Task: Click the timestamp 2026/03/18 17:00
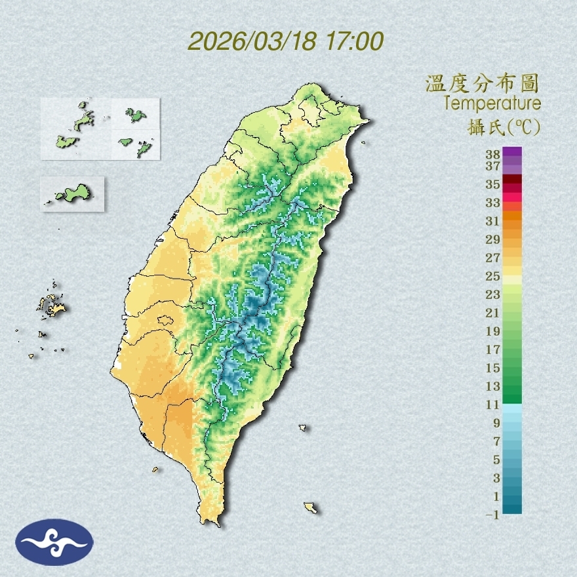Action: pyautogui.click(x=285, y=41)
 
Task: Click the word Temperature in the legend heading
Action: pyautogui.click(x=492, y=104)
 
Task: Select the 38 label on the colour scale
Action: pyautogui.click(x=493, y=155)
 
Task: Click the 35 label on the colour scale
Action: pyautogui.click(x=493, y=184)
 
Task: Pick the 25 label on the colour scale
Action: pyautogui.click(x=493, y=275)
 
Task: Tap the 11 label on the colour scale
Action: pyautogui.click(x=493, y=405)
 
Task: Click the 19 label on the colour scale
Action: pyautogui.click(x=493, y=330)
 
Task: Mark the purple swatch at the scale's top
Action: pyautogui.click(x=513, y=152)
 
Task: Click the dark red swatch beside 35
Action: pyautogui.click(x=513, y=180)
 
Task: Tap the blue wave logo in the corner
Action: pyautogui.click(x=54, y=542)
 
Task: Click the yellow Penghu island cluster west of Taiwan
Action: pyautogui.click(x=52, y=305)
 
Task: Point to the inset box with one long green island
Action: pyautogui.click(x=72, y=193)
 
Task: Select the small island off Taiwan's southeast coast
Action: pyautogui.click(x=311, y=507)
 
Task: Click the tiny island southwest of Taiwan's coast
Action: pyautogui.click(x=155, y=469)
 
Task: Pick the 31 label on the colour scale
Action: pyautogui.click(x=493, y=220)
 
